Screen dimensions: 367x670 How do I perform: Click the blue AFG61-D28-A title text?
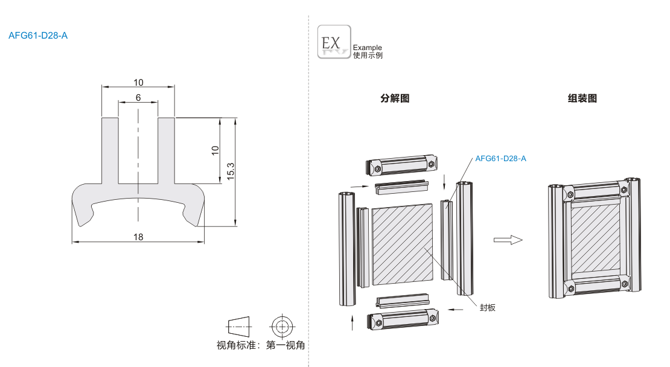tap(38, 35)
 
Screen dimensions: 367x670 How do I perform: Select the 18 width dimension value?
tap(138, 237)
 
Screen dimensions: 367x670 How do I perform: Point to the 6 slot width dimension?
tap(138, 97)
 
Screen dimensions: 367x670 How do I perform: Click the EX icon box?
tap(334, 42)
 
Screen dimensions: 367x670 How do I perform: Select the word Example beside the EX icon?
tap(367, 48)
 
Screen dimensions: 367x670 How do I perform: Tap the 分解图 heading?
tap(395, 98)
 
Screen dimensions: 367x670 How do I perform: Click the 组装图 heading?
tap(582, 98)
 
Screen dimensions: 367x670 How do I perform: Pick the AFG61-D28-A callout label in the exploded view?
tap(500, 159)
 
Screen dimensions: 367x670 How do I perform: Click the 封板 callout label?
tap(488, 307)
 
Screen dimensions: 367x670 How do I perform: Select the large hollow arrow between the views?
tap(508, 240)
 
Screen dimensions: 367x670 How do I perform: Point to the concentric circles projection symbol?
tap(281, 327)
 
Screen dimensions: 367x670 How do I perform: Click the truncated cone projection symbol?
tap(239, 327)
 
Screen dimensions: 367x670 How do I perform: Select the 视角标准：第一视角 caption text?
tap(261, 346)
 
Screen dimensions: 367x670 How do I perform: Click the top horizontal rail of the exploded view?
tap(401, 166)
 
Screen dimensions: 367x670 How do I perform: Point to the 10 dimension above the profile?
tap(138, 82)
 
